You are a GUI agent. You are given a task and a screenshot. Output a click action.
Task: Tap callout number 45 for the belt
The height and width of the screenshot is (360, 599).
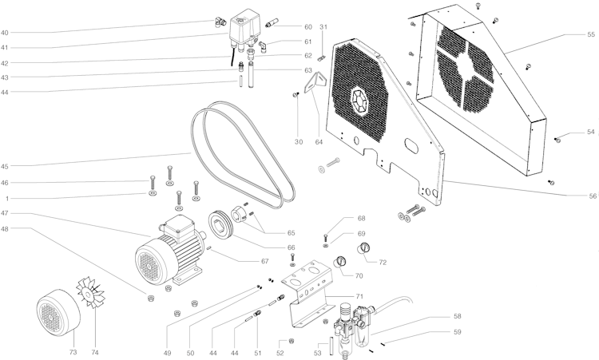[5, 167]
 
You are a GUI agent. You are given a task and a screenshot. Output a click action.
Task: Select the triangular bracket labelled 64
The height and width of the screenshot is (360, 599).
[319, 84]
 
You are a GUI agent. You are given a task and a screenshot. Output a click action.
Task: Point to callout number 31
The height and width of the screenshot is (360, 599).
[323, 28]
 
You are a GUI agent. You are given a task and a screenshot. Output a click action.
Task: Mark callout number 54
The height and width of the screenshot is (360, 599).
[591, 132]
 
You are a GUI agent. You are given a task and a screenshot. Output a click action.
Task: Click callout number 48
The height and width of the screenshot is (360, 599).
[5, 230]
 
